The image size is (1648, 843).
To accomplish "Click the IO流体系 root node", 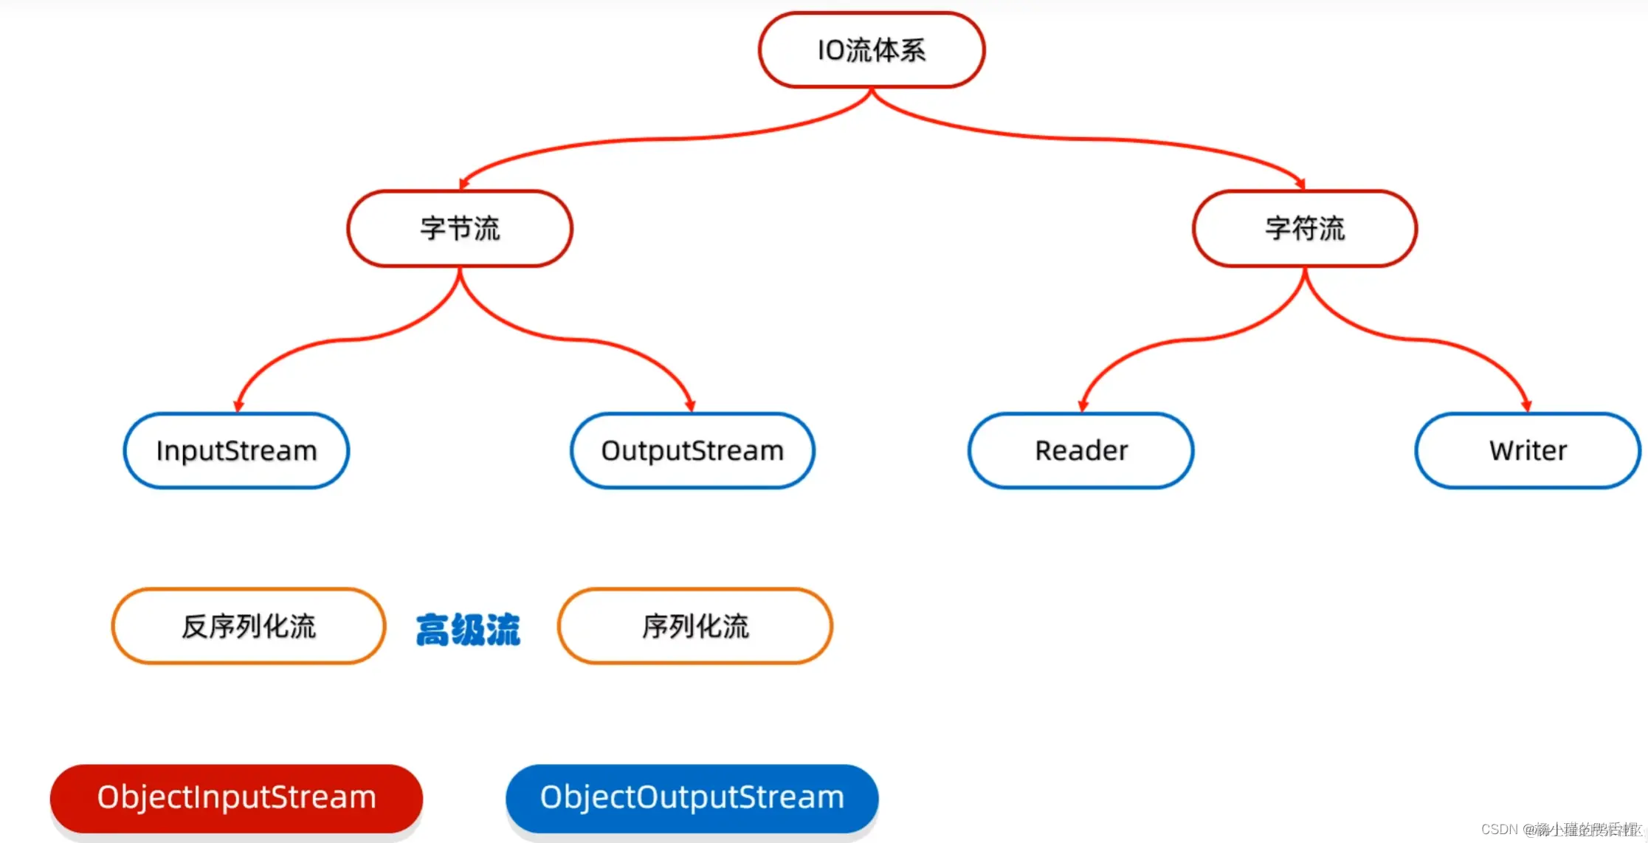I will [x=872, y=50].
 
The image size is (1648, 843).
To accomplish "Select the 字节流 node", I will [x=460, y=229].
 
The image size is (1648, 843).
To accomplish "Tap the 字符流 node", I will [x=1305, y=229].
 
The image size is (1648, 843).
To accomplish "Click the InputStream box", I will [x=236, y=450].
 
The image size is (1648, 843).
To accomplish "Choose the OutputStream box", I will [x=692, y=450].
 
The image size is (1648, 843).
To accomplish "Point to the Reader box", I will [x=1081, y=450].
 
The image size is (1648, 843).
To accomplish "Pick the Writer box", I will [x=1528, y=450].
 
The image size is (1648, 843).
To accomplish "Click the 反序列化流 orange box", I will [x=249, y=626].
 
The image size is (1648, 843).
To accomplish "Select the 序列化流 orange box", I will [x=695, y=626].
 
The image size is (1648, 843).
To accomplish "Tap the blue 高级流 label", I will [x=468, y=630].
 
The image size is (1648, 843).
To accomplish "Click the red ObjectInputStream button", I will [x=236, y=798].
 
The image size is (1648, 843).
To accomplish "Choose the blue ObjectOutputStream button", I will [x=692, y=798].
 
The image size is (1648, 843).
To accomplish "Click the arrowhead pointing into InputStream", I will [x=238, y=405].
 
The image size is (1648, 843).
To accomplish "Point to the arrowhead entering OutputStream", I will [x=690, y=405].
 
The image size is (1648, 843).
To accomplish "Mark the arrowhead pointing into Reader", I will [x=1083, y=405].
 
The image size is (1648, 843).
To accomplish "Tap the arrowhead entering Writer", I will [x=1526, y=405].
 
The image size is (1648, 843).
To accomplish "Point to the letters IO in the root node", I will [x=830, y=50].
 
